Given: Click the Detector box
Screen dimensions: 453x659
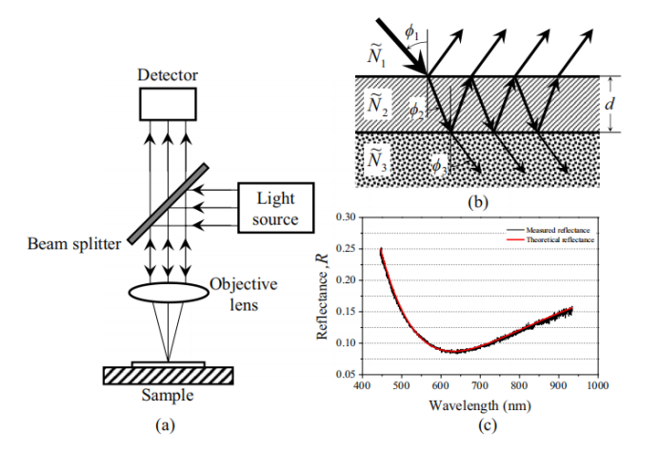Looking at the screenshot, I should coord(168,103).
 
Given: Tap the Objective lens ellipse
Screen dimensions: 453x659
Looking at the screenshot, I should coord(168,293).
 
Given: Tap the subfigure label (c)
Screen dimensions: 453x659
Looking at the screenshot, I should coord(488,424).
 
